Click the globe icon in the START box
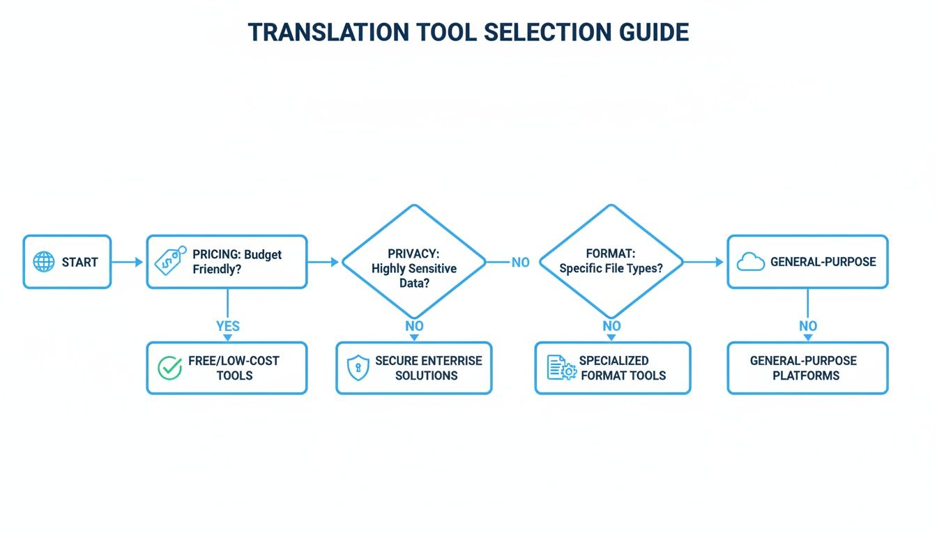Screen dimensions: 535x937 click(44, 262)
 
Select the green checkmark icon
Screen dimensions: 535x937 click(169, 368)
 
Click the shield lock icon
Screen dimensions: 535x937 click(358, 368)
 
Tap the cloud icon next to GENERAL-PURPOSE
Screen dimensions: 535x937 click(750, 262)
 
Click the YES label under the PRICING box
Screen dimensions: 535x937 click(227, 326)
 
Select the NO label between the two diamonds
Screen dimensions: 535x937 click(520, 263)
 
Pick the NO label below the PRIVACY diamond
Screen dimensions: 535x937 click(414, 326)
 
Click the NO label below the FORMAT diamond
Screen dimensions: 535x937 click(611, 326)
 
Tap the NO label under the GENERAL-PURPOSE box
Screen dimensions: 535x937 click(808, 326)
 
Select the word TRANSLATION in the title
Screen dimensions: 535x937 click(328, 33)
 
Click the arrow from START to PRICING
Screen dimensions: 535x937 click(128, 262)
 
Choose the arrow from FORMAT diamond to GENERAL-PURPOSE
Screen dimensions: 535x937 click(704, 262)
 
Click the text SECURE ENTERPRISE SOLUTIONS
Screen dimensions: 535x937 click(428, 368)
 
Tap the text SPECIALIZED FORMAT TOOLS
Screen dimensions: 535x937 click(623, 368)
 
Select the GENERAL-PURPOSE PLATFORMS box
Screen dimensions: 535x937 click(807, 368)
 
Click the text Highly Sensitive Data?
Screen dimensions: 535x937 click(414, 276)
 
